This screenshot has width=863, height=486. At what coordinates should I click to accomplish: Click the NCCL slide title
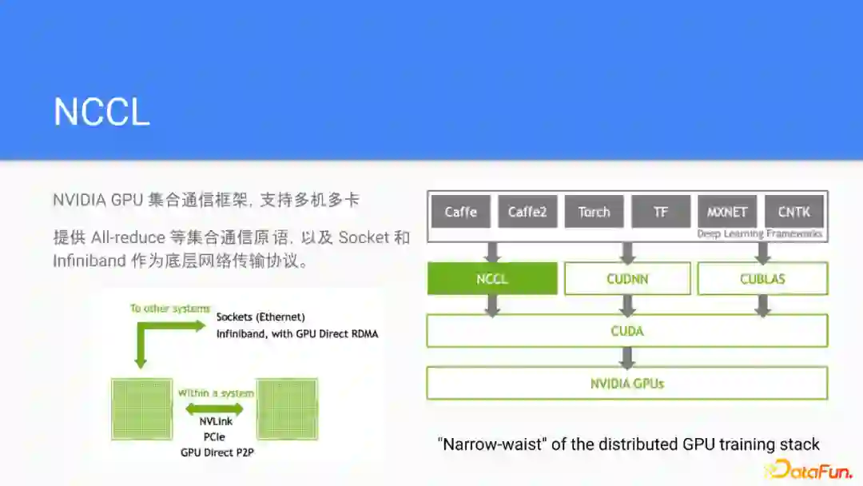[101, 112]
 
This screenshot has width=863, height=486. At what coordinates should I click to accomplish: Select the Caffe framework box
[461, 212]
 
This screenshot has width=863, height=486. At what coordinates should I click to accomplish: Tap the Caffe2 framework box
[527, 212]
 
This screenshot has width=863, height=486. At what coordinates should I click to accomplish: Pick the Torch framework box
[594, 212]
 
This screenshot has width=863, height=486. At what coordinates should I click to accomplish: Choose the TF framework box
[661, 212]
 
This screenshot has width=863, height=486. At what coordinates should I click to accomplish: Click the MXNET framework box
[727, 212]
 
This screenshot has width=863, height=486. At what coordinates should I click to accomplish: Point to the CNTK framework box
[793, 212]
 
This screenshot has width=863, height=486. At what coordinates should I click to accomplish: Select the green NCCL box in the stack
[492, 279]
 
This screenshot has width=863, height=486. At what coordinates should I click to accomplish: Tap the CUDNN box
[627, 279]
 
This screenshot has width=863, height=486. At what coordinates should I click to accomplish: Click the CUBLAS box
[762, 279]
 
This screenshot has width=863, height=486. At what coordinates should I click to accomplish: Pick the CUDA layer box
[627, 331]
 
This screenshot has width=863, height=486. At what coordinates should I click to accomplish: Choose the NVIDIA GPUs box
[627, 383]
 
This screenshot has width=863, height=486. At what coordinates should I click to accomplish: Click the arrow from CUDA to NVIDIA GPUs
[627, 357]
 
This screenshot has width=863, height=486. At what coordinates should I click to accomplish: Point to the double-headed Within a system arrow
[214, 409]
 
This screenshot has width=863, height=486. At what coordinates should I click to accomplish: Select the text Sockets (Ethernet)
[260, 317]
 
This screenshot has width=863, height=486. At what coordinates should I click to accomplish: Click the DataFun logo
[809, 469]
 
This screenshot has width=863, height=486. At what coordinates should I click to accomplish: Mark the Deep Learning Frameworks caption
[759, 234]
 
